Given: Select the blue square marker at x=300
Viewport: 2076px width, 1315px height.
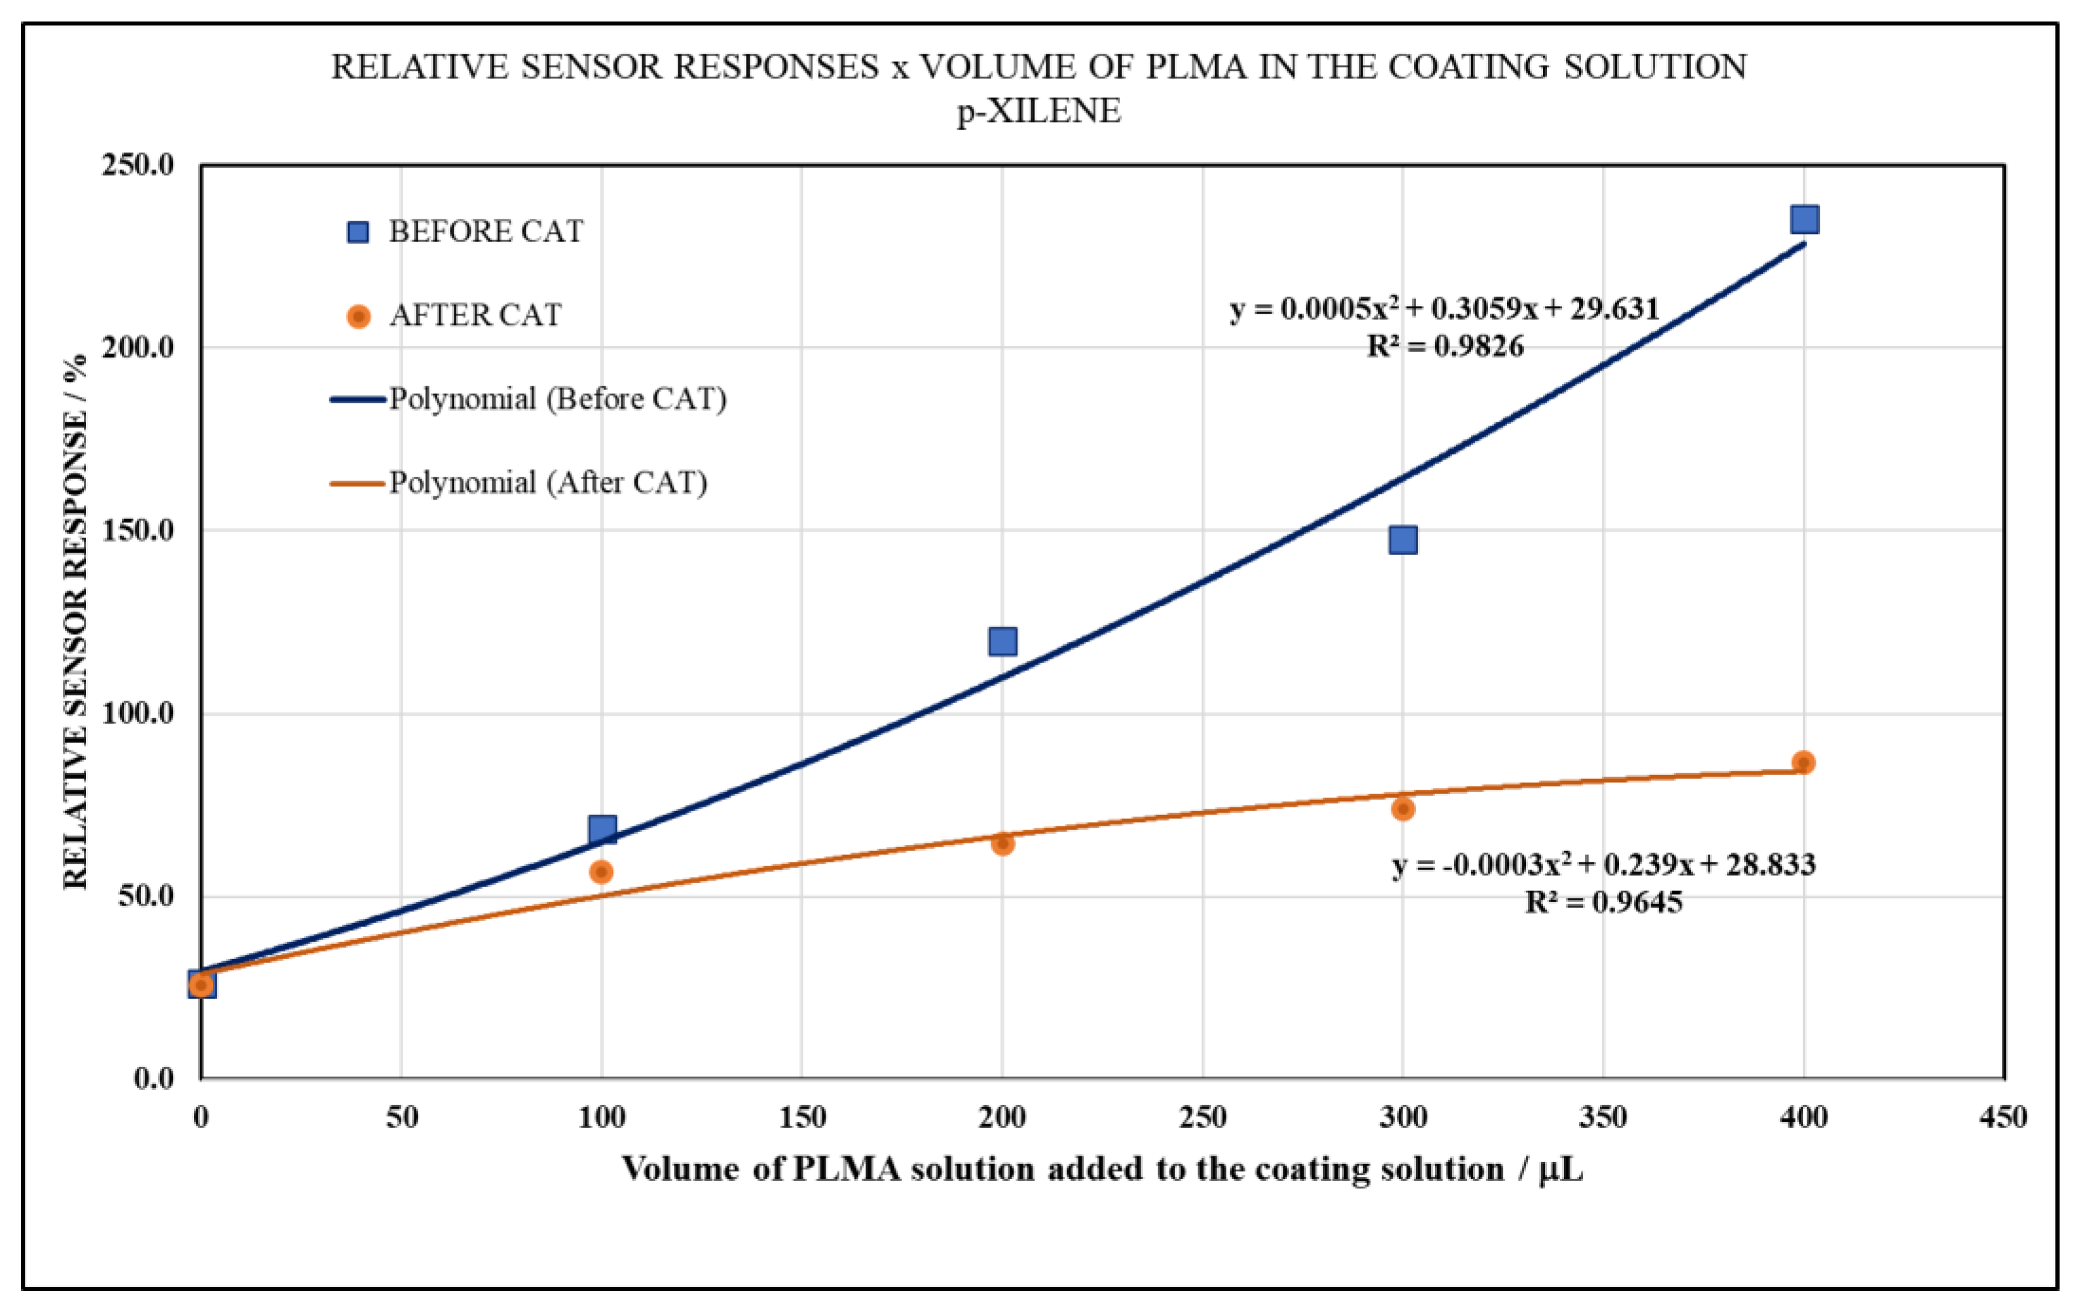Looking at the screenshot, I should pyautogui.click(x=1403, y=540).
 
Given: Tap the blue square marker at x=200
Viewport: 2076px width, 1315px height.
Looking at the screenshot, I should pyautogui.click(x=1002, y=640).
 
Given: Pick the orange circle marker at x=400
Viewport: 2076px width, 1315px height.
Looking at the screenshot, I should pyautogui.click(x=1803, y=762).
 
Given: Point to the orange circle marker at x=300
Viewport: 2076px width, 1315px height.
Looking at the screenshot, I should pyautogui.click(x=1403, y=809).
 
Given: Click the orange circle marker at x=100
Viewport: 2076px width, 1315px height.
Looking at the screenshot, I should pyautogui.click(x=602, y=872).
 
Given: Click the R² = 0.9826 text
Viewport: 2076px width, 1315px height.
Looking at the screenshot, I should pyautogui.click(x=1445, y=346).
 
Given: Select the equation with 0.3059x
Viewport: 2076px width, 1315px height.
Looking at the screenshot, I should pyautogui.click(x=1444, y=309).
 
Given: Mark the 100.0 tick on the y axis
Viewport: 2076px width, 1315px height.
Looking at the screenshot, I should pyautogui.click(x=137, y=713).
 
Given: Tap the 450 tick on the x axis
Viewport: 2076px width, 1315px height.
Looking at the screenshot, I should pyautogui.click(x=2002, y=1118).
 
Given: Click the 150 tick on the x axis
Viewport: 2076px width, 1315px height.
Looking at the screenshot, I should pyautogui.click(x=802, y=1118).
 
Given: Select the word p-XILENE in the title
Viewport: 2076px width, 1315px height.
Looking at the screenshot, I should pyautogui.click(x=1038, y=111).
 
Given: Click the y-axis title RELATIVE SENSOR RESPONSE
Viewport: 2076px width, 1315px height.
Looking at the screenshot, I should pyautogui.click(x=76, y=621).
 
